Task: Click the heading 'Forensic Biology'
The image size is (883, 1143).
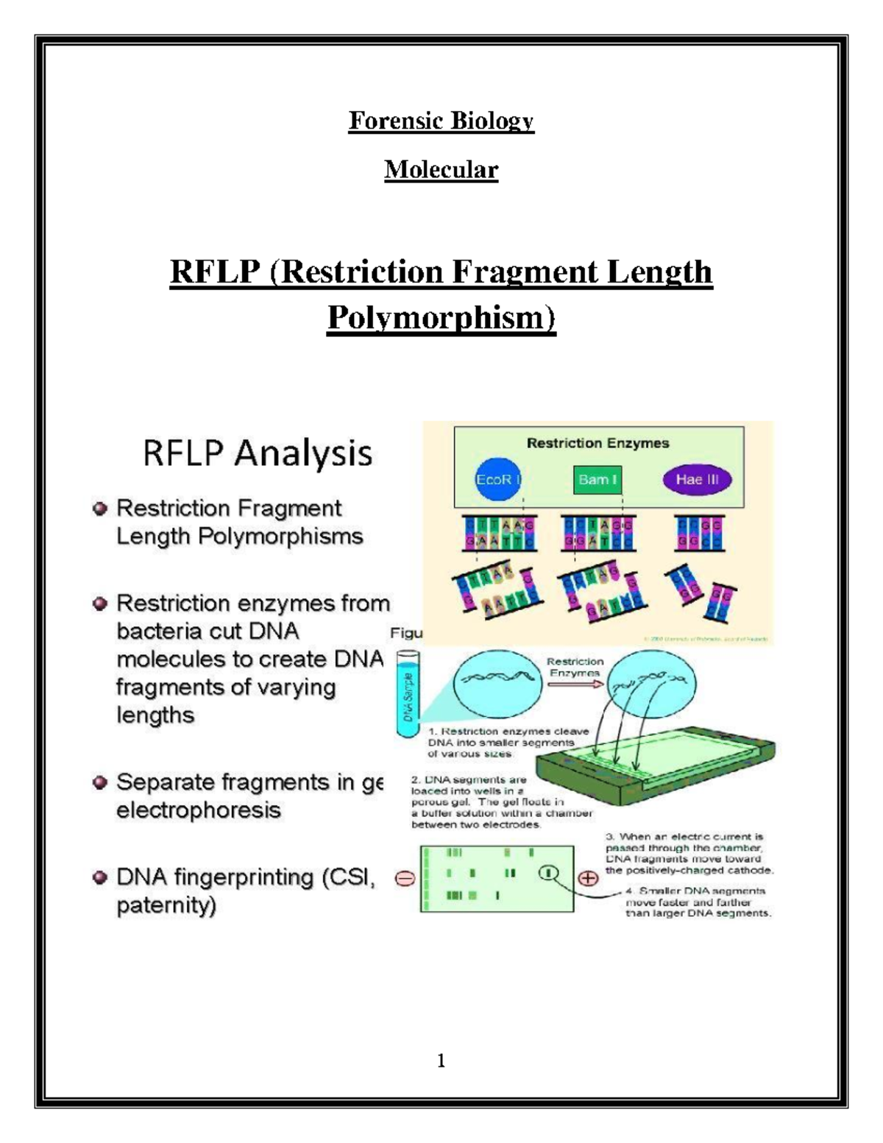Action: point(441,121)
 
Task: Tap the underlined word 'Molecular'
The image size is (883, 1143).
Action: point(441,170)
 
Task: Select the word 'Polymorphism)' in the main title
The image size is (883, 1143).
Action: point(441,318)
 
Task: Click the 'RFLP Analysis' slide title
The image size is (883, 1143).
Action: point(258,453)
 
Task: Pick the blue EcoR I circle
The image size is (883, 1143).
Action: point(498,480)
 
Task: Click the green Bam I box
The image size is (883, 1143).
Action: point(597,480)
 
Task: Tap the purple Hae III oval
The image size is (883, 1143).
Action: point(697,480)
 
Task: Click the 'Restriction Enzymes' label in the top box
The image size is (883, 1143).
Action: point(597,443)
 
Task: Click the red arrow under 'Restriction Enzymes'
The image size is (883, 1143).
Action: point(575,684)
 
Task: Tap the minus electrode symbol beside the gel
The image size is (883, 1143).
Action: point(405,879)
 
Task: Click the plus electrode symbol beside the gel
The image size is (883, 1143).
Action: point(587,879)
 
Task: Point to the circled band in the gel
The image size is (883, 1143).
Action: point(548,873)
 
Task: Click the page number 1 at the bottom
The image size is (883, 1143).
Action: point(441,1061)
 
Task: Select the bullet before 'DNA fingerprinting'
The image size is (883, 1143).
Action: point(100,877)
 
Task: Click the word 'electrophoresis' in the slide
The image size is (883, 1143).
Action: point(199,810)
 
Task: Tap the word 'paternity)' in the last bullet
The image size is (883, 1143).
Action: point(166,905)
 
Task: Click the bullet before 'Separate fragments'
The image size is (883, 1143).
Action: point(100,782)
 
